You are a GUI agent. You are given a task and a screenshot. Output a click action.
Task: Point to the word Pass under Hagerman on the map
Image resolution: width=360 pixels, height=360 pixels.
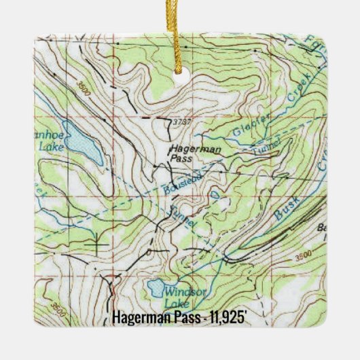tap(181, 158)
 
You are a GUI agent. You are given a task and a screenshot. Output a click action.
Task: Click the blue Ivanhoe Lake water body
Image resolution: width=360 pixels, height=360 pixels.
tap(82, 143)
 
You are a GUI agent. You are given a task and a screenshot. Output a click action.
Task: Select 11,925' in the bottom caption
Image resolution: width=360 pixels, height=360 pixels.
tap(224, 317)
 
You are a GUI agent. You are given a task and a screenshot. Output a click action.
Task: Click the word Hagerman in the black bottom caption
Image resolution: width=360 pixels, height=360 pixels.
tap(139, 317)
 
